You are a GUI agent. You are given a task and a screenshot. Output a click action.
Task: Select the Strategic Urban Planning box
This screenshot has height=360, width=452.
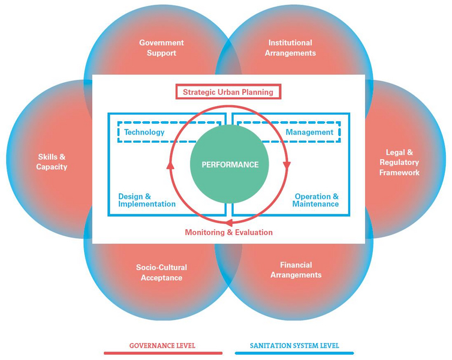228,92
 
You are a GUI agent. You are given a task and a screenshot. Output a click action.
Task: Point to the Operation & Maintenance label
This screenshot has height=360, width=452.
315,200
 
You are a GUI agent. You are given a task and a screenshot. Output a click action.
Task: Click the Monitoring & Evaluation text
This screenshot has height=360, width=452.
228,232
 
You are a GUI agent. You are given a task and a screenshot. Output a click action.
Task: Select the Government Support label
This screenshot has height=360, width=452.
161,48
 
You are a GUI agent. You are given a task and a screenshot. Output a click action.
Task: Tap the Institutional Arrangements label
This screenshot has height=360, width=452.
290,48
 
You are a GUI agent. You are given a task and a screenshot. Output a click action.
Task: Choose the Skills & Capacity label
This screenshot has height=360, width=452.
52,162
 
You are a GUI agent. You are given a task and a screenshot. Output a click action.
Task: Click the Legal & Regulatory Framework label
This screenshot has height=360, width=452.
399,163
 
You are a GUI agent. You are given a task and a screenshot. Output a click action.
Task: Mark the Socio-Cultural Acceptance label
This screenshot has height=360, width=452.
161,272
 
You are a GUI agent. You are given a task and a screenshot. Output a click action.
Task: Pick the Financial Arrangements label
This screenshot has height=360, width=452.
296,270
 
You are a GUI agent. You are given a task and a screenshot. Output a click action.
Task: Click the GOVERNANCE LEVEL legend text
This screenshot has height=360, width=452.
162,346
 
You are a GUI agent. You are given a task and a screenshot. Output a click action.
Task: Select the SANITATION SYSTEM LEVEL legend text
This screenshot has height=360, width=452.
294,346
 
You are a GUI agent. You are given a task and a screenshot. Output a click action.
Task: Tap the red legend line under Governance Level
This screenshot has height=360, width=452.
163,353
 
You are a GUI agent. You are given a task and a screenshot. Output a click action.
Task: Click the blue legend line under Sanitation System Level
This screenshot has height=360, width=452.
294,353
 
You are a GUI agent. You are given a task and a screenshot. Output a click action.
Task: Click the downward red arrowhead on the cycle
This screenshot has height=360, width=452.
286,164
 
